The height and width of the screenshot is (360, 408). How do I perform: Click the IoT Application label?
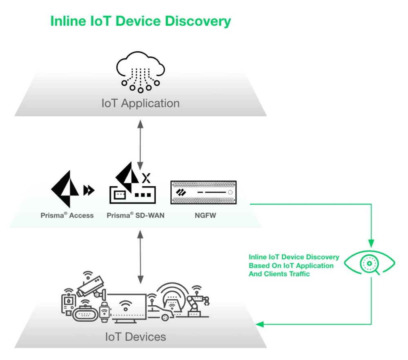[140, 103]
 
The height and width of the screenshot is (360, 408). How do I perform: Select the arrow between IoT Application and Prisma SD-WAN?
[140, 145]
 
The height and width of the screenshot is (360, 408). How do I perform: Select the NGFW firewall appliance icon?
[203, 192]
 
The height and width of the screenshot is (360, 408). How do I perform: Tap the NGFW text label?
[203, 215]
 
